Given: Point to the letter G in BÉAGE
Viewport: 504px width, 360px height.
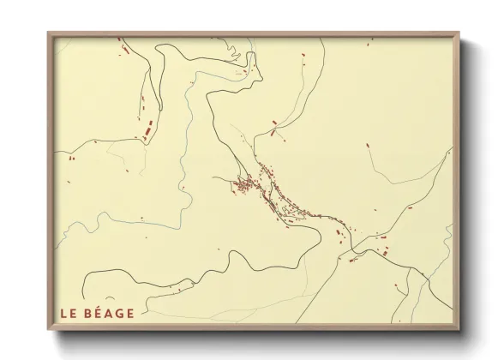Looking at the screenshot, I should [x=121, y=313].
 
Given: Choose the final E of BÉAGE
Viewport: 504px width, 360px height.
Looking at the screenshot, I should [x=131, y=313].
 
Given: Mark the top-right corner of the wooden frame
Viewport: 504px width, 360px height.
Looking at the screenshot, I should [x=459, y=33].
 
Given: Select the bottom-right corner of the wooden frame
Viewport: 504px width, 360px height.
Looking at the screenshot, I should [x=459, y=329].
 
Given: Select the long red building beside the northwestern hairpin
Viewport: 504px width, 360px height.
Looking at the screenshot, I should [x=146, y=133].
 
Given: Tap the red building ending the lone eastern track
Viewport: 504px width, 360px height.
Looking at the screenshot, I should [x=369, y=145].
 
